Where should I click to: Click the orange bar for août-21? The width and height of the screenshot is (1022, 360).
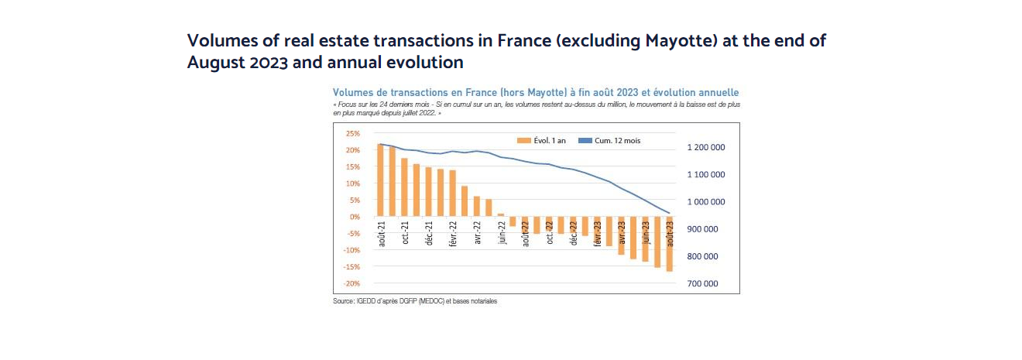(x=380, y=180)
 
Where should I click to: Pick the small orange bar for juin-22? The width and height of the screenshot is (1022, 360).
(x=500, y=214)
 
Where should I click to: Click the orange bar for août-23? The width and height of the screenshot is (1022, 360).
(x=669, y=244)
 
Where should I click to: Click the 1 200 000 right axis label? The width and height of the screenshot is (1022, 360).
(x=705, y=147)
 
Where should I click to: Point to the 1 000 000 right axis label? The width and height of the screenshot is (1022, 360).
(x=705, y=202)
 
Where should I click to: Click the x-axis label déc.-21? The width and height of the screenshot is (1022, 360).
(x=429, y=234)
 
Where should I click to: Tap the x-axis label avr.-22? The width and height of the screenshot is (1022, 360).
(x=478, y=234)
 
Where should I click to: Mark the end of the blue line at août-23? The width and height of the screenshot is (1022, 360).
(x=669, y=213)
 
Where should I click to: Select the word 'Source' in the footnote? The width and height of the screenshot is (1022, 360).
(x=343, y=301)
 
